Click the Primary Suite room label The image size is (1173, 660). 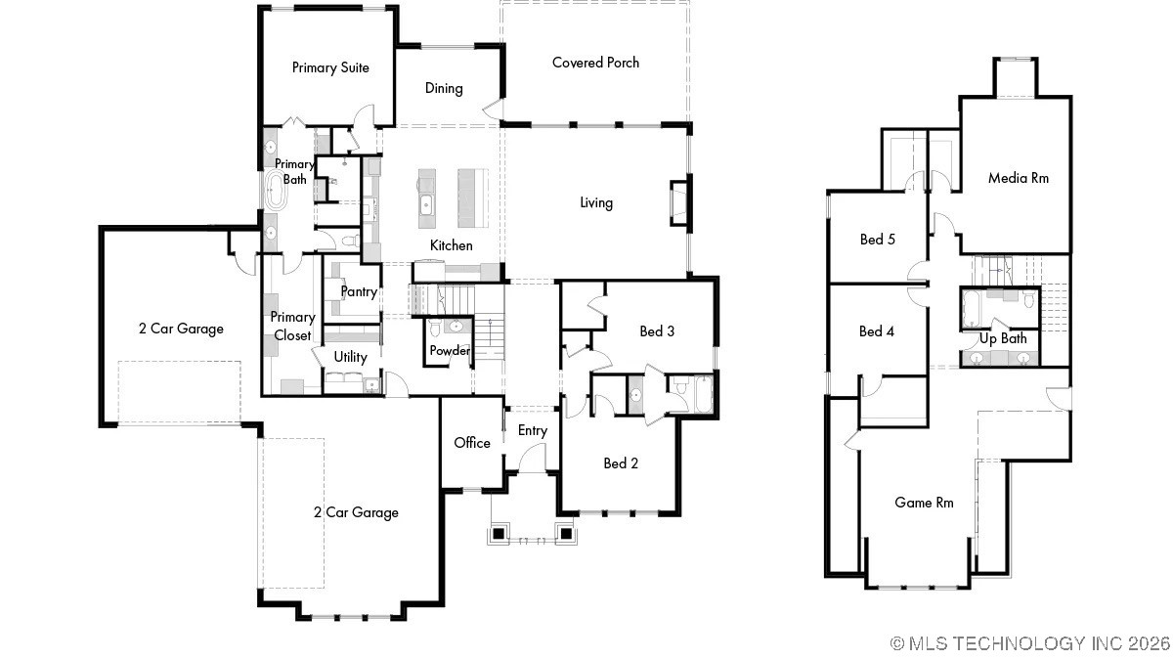330,67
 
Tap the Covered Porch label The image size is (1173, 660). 595,63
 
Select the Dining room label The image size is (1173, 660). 444,88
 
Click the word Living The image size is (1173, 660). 595,202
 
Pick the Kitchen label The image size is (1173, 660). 451,245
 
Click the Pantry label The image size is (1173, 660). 359,291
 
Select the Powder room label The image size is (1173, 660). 450,350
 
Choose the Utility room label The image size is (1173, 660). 350,357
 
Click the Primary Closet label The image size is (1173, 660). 292,327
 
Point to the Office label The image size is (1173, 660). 472,443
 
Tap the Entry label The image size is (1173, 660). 533,430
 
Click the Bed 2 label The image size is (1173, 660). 621,463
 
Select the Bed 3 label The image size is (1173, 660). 657,331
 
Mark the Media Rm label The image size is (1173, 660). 1018,178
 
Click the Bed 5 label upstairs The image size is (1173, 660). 877,240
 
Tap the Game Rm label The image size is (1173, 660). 924,503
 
